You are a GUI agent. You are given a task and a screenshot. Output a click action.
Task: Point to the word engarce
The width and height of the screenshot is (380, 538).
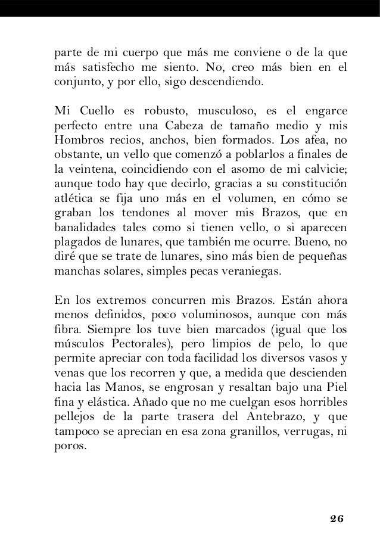[322, 111]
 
